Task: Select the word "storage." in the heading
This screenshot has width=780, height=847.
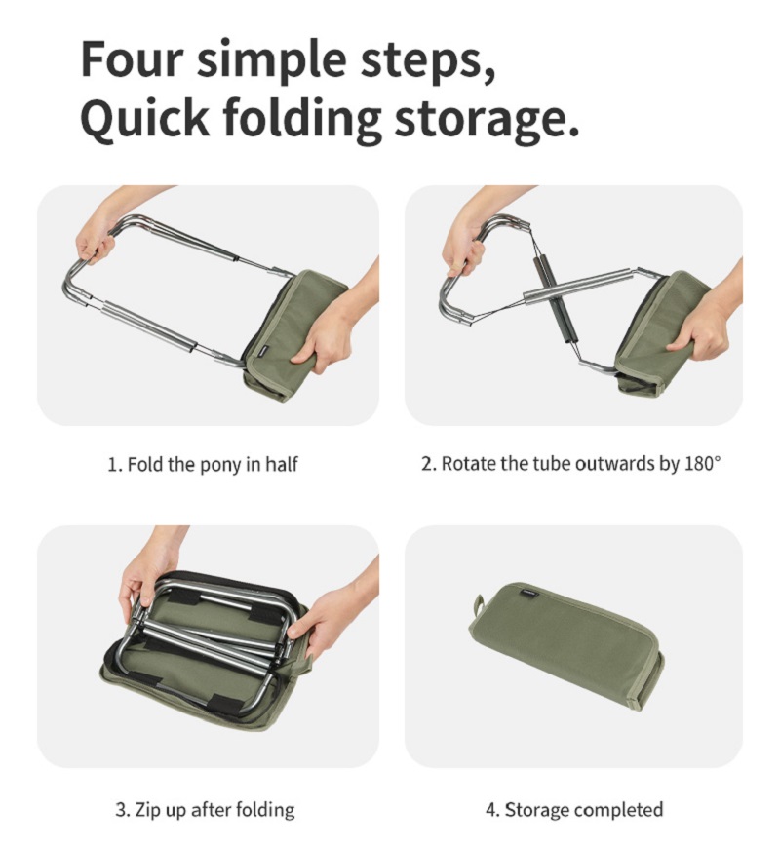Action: (486, 119)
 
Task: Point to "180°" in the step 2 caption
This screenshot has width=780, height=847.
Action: (702, 463)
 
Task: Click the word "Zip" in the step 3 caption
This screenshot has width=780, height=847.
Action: (145, 809)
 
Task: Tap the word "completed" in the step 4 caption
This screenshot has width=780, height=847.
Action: (618, 809)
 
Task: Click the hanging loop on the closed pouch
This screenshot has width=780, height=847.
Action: (479, 604)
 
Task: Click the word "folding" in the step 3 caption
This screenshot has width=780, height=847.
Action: (265, 810)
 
